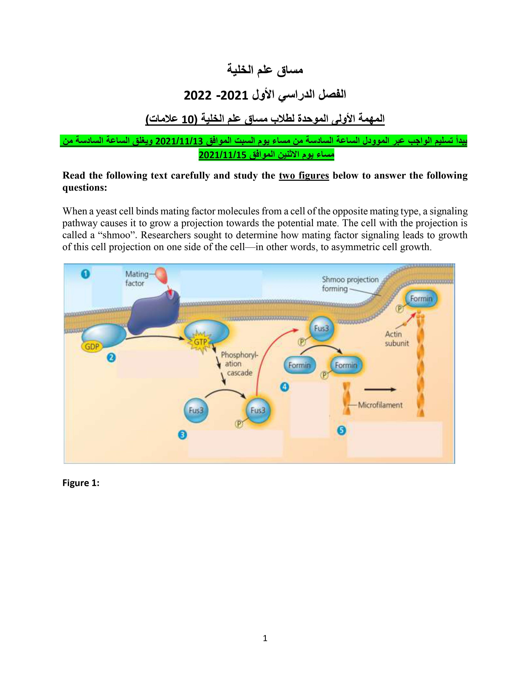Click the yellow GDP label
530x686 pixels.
[92, 347]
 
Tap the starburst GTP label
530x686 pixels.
[200, 342]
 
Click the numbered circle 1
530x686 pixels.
[85, 274]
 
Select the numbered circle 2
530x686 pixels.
[111, 358]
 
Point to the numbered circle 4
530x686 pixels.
[285, 387]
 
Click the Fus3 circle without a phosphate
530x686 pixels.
[196, 410]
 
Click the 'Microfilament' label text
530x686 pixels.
[380, 405]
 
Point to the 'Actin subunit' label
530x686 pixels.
[397, 339]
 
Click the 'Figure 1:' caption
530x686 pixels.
[81, 483]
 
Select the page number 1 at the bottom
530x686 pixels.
[265, 638]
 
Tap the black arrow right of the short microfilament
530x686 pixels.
[380, 390]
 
